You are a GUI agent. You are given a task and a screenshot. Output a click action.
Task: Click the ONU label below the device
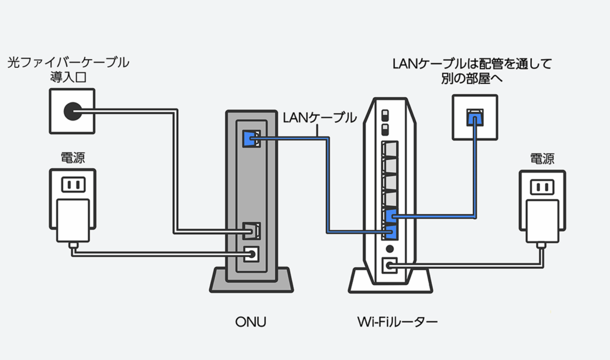(x=250, y=322)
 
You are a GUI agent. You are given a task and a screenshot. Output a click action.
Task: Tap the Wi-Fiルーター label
(x=397, y=322)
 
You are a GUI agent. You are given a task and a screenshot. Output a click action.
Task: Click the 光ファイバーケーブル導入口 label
(x=68, y=69)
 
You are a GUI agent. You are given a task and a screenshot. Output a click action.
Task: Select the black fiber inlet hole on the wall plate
(x=72, y=110)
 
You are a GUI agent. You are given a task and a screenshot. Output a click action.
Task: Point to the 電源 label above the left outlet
(x=73, y=158)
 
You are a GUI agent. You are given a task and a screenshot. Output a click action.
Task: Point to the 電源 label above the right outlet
(x=542, y=159)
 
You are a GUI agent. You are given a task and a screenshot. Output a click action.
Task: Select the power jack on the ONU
(x=251, y=253)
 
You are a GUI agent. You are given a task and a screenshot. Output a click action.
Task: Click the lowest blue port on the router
(x=390, y=231)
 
